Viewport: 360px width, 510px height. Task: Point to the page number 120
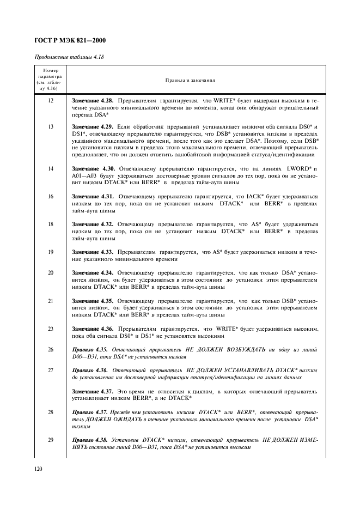pos(38,467)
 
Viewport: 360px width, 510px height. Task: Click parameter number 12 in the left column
pos(50,101)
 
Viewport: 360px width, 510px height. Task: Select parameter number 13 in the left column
pos(50,126)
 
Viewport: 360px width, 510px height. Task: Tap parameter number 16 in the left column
pos(50,196)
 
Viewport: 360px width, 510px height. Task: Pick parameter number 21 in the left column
pos(50,300)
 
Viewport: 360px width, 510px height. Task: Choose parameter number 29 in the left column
pos(50,439)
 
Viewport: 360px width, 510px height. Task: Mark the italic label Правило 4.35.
pos(89,349)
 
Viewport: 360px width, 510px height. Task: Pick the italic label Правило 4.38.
pos(89,439)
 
